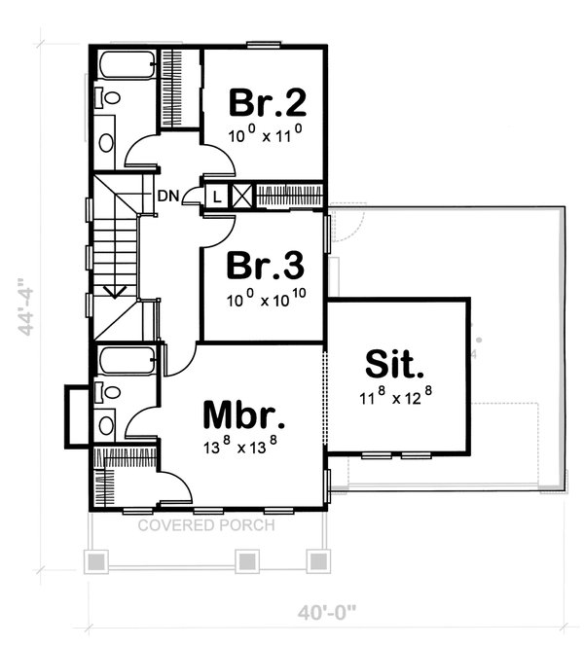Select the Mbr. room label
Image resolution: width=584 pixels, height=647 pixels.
[x=244, y=414]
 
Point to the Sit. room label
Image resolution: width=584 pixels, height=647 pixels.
[x=395, y=365]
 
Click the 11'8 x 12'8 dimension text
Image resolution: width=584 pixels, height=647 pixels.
[x=394, y=396]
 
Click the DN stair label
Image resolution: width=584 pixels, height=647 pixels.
[x=168, y=195]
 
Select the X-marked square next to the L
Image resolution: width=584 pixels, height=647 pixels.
[x=241, y=195]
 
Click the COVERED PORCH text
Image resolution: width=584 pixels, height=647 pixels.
[x=205, y=525]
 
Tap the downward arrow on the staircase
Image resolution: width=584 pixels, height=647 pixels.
[x=115, y=289]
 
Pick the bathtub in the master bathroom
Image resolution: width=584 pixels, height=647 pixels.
[x=127, y=363]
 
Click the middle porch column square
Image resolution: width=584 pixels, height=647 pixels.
[x=247, y=561]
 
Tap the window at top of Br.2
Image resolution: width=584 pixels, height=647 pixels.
[x=264, y=44]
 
